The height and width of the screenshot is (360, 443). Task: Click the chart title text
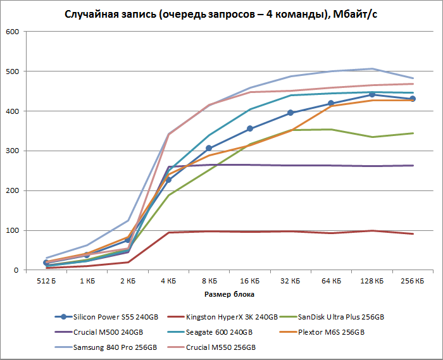221,14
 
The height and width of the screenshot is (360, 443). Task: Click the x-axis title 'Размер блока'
230,294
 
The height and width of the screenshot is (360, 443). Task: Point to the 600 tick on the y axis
12,32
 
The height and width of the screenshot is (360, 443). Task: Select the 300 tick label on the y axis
12,151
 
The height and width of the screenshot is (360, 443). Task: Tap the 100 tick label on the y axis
12,230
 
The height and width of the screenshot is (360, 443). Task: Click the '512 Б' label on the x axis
46,279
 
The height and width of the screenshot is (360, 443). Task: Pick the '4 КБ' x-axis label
168,279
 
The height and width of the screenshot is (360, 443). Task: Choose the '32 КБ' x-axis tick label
290,279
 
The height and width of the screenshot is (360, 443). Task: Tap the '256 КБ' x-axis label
413,279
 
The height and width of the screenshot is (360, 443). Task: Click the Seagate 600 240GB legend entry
218,332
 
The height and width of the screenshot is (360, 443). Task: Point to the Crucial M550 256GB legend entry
220,347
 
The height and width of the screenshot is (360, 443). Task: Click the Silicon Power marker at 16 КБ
250,128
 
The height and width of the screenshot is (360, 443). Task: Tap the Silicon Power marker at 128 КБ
372,94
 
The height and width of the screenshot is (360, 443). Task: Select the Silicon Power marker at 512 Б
46,263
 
